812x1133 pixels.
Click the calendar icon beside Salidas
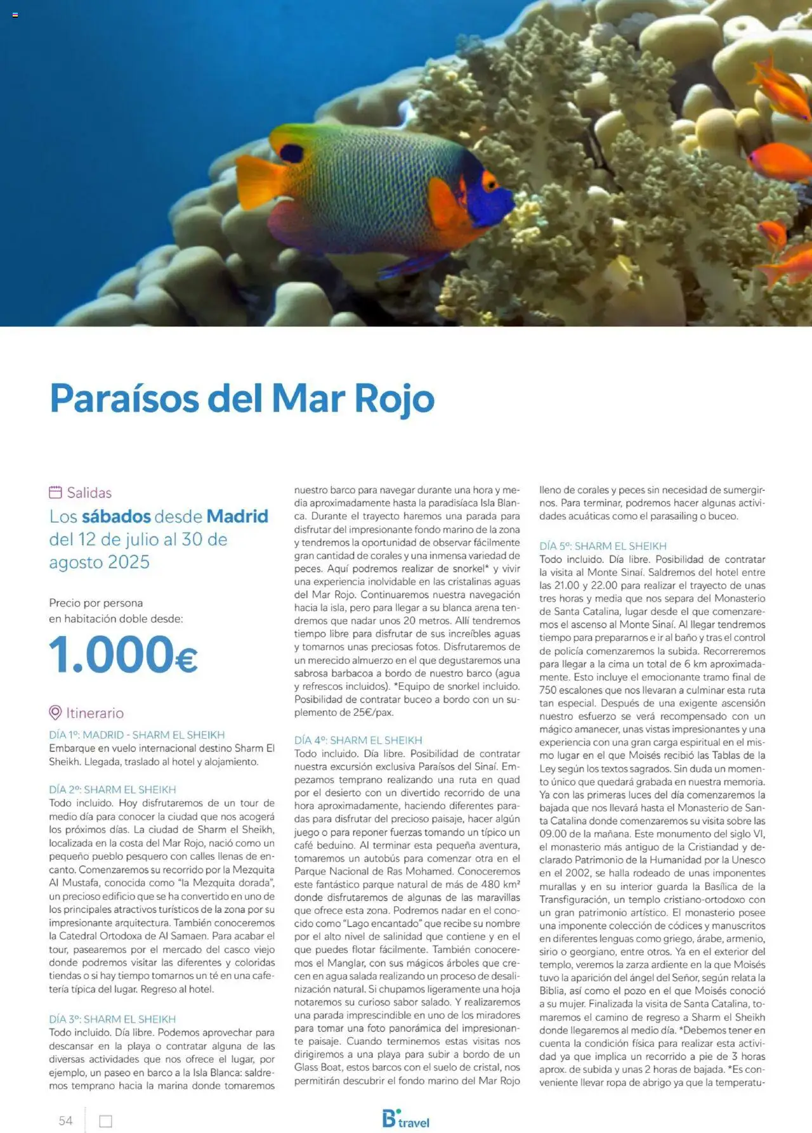pos(55,492)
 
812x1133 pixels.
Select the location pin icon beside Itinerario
pos(55,713)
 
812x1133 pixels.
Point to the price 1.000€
pos(123,654)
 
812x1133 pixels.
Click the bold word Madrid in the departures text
pos(237,516)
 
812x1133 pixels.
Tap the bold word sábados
pos(116,516)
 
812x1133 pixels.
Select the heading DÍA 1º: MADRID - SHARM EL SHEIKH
pos(136,735)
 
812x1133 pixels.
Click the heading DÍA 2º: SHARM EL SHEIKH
pos(112,789)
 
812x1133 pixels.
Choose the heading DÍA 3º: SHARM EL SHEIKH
pos(112,1019)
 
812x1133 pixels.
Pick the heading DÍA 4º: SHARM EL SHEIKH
pos(358,740)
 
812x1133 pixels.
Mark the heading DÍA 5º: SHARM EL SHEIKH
pos(603,546)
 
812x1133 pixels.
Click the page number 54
pos(65,1120)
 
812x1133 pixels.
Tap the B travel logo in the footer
pos(405,1119)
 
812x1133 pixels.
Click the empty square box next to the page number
pos(106,1121)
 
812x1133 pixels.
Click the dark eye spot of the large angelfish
pos(291,153)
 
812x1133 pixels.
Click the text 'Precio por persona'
pos(96,603)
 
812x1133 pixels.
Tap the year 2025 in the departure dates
pos(128,562)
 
